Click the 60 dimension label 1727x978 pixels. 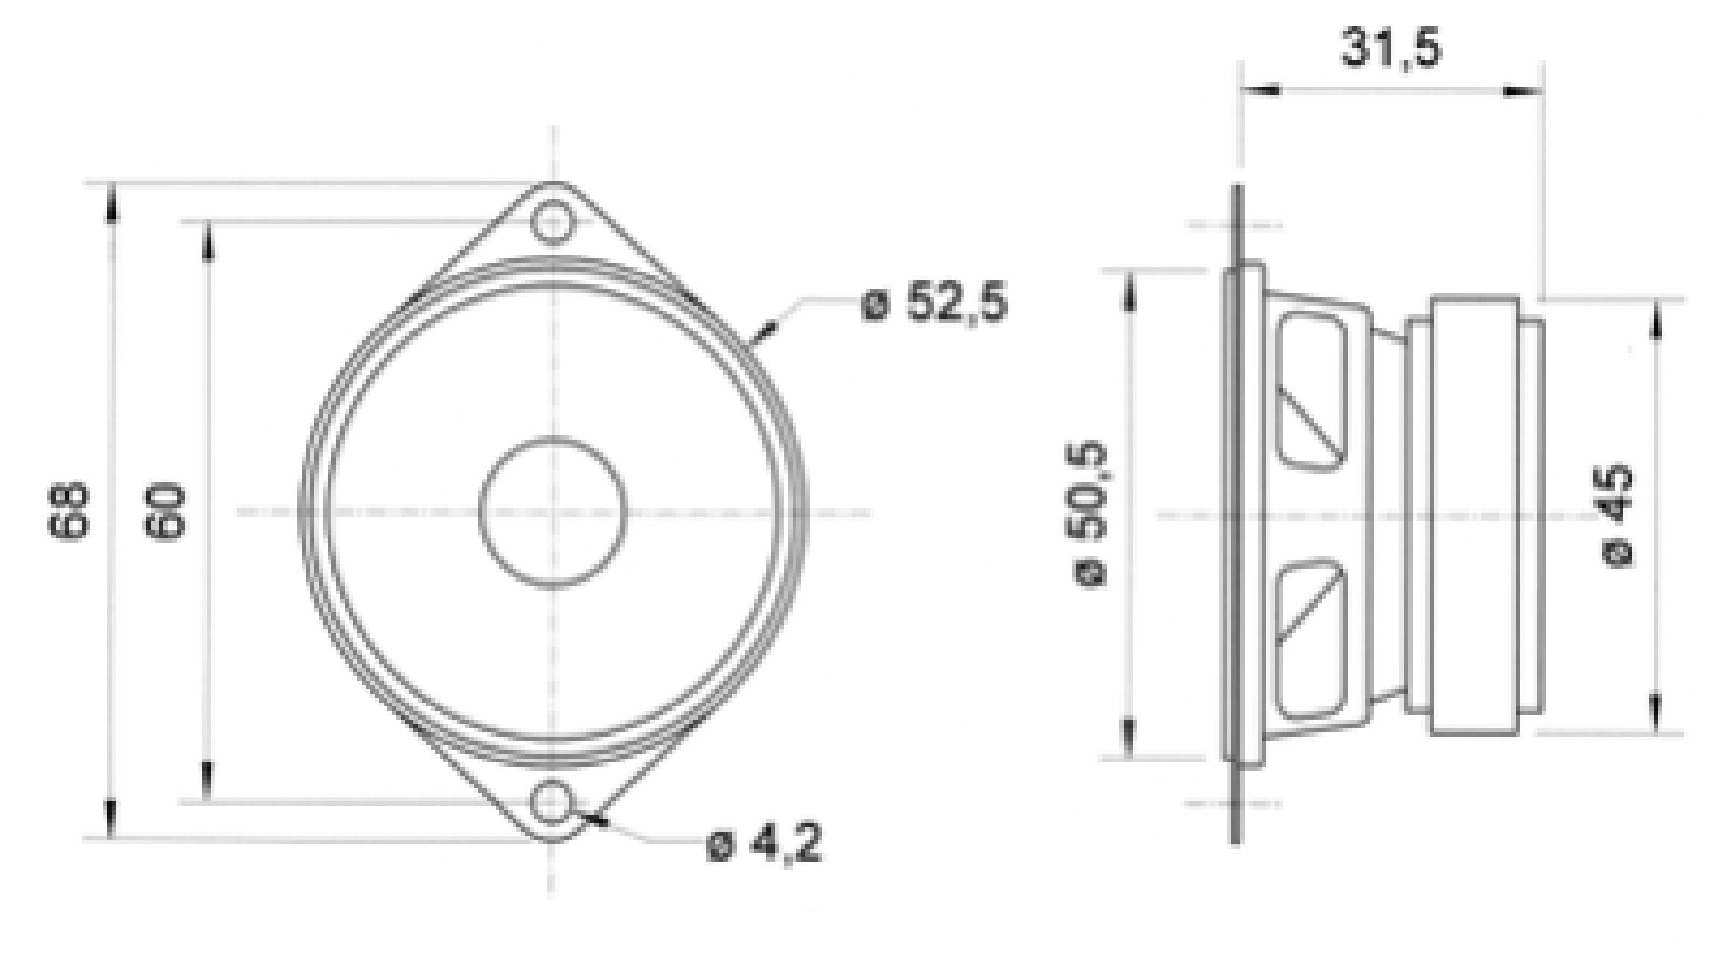[165, 511]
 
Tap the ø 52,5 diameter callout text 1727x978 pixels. [934, 303]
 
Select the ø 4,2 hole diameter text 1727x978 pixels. [765, 844]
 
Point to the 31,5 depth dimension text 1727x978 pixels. [1392, 49]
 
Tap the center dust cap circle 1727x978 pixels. [552, 512]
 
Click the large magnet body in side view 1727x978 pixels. [1475, 515]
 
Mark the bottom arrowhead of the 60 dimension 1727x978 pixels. [207, 781]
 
